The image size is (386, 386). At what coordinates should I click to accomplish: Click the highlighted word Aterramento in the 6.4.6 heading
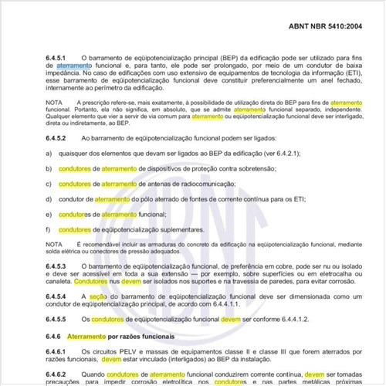pos(92,337)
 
